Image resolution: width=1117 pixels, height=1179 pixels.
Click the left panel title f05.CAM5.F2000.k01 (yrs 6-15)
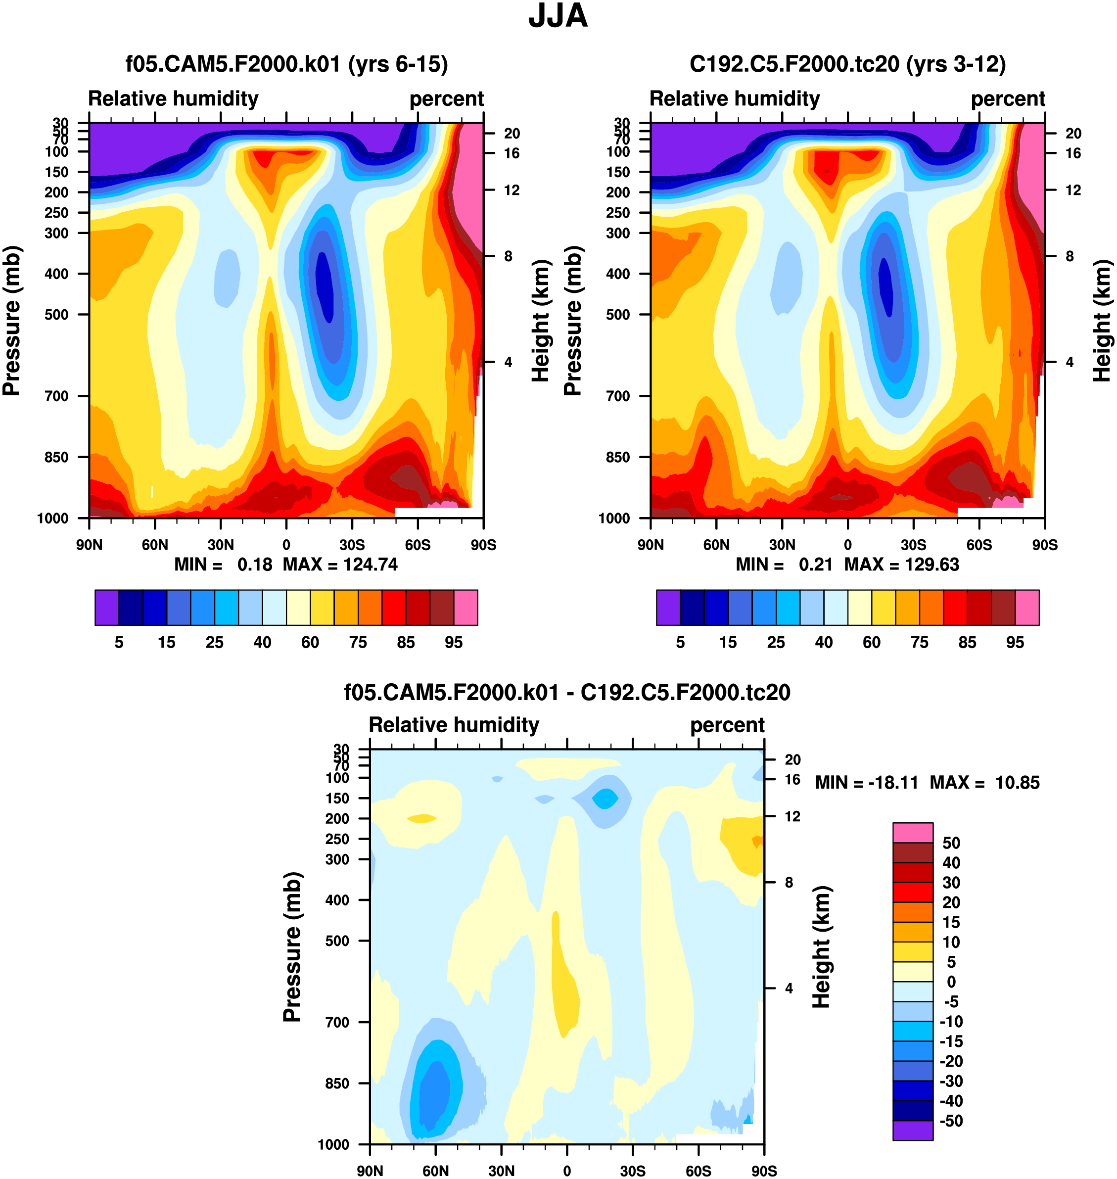pyautogui.click(x=286, y=64)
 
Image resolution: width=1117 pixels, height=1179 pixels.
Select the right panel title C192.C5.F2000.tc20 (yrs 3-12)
pyautogui.click(x=847, y=64)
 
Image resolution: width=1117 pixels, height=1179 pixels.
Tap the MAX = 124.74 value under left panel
pyautogui.click(x=340, y=565)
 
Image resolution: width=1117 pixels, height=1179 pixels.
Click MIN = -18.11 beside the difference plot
pyautogui.click(x=866, y=782)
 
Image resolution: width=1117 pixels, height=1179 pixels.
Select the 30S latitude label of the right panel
pyautogui.click(x=913, y=545)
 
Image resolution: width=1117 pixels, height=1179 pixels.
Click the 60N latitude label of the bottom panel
pyautogui.click(x=435, y=1171)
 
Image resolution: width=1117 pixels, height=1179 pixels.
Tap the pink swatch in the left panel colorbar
pyautogui.click(x=465, y=608)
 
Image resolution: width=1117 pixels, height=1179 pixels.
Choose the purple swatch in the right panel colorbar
pyautogui.click(x=668, y=608)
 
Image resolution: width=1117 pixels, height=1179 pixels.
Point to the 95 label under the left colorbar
pyautogui.click(x=453, y=643)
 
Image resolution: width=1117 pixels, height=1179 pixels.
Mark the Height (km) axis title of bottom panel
pyautogui.click(x=822, y=947)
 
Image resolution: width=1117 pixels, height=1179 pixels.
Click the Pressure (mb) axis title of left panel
pyautogui.click(x=12, y=321)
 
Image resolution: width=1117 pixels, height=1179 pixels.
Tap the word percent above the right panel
pyautogui.click(x=1008, y=99)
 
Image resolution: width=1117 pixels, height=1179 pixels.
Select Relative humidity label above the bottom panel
pyautogui.click(x=454, y=725)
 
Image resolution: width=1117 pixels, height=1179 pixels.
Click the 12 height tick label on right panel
pyautogui.click(x=1073, y=190)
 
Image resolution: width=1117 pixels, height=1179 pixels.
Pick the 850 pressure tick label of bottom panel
pyautogui.click(x=337, y=1083)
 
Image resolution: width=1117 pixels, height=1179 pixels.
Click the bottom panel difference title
pyautogui.click(x=567, y=693)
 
